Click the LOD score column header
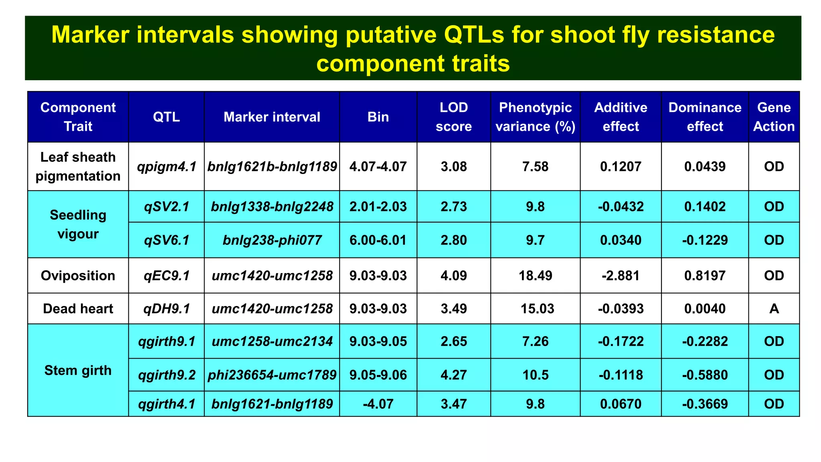click(x=453, y=117)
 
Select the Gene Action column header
click(x=774, y=117)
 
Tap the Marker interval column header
click(x=272, y=117)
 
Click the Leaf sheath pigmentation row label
click(x=78, y=166)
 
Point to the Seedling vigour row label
click(x=78, y=224)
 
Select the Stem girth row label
click(x=78, y=370)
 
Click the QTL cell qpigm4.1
click(x=166, y=166)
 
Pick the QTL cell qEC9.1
click(x=166, y=276)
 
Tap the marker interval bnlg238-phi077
click(x=272, y=240)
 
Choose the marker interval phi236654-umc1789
click(x=272, y=375)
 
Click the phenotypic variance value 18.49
click(x=535, y=276)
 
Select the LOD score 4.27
click(x=453, y=375)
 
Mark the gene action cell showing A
click(x=774, y=309)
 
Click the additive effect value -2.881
click(x=621, y=276)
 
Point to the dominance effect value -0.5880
click(x=705, y=375)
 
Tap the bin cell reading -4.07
click(x=378, y=404)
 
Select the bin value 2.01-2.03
click(x=378, y=207)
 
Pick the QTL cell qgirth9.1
click(x=166, y=341)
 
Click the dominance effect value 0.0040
click(x=705, y=309)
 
